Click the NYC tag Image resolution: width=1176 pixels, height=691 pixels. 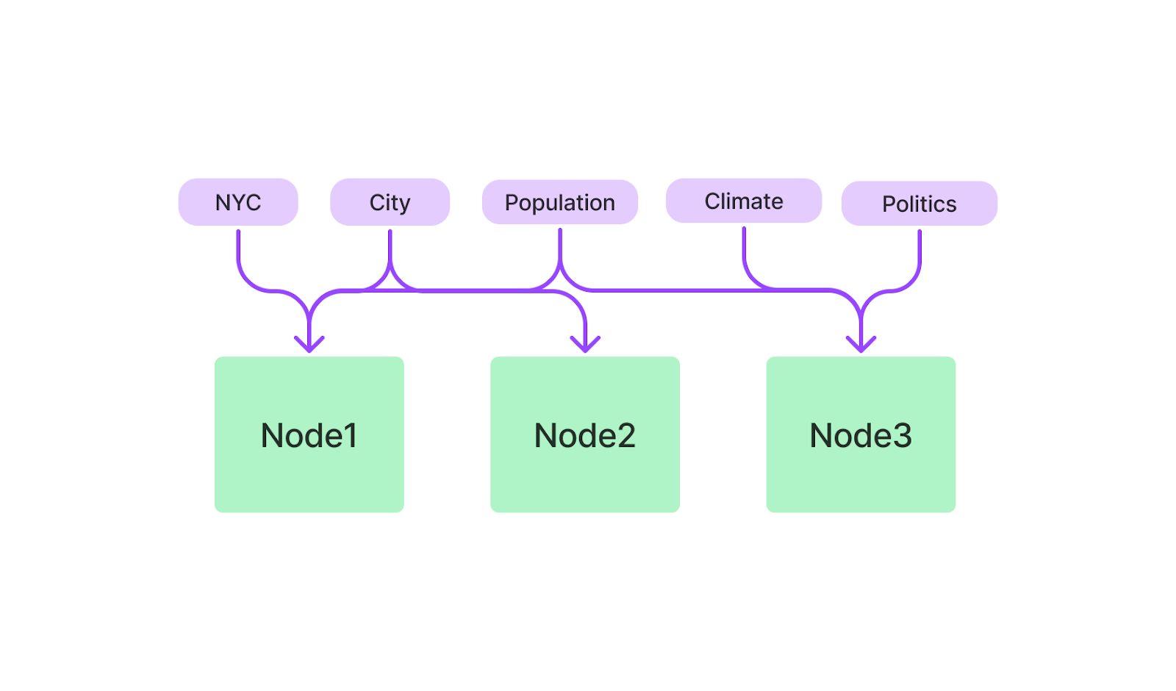(238, 202)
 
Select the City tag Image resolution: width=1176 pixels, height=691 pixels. (390, 202)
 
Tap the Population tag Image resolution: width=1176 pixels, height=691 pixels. (559, 202)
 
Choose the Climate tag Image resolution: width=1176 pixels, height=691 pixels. (743, 201)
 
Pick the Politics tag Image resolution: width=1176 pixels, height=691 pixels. (919, 203)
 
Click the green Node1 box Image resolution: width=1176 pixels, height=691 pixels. (309, 434)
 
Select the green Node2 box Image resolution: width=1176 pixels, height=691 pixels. (585, 434)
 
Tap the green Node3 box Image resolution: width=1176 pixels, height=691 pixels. (861, 434)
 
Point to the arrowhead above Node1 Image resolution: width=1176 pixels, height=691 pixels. (309, 345)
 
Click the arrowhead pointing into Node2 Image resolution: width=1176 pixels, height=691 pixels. (585, 345)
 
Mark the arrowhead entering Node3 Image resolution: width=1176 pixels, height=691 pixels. (861, 345)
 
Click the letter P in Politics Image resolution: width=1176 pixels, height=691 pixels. (889, 204)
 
